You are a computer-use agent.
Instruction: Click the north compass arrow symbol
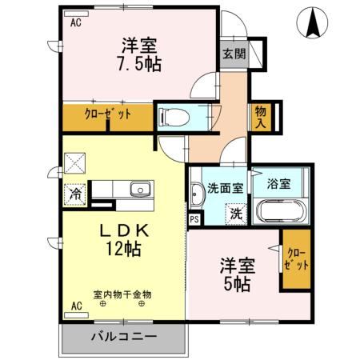tap(313, 24)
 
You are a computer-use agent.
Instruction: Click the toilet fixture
tap(174, 117)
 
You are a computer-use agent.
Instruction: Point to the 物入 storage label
tap(261, 115)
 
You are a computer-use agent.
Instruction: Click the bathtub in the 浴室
tap(279, 212)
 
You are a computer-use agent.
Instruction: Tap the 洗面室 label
tap(225, 189)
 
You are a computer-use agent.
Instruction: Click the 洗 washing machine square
tap(236, 214)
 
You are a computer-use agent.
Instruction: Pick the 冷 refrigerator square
tap(75, 193)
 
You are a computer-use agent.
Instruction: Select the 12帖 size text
tap(122, 249)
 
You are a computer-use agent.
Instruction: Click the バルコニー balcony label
tap(123, 336)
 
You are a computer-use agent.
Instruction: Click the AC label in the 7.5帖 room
tap(76, 23)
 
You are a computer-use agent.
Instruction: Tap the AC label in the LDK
tap(76, 306)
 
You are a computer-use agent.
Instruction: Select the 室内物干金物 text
tap(122, 294)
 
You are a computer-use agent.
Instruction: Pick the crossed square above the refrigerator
tap(74, 163)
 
